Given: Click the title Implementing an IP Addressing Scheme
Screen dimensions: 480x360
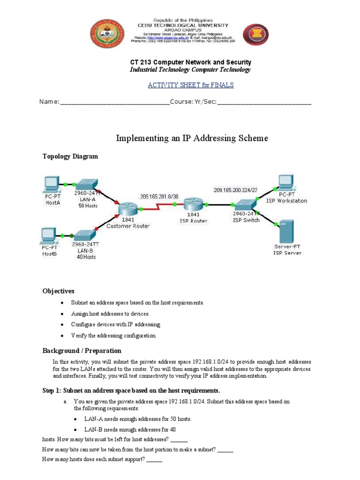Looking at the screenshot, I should point(192,138).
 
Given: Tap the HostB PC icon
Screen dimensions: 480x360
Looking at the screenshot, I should point(49,234).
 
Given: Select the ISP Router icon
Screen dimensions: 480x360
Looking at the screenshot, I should point(193,204).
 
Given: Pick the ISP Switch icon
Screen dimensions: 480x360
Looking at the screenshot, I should point(246,205).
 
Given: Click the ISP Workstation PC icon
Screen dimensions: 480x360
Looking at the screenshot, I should point(285,181).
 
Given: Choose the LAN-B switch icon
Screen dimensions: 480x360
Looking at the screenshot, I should point(85,234).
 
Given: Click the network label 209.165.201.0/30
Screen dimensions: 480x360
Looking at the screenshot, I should point(158,196).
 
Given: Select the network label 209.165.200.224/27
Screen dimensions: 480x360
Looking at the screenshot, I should point(235,190).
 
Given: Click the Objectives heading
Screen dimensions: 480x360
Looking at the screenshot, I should point(59,291).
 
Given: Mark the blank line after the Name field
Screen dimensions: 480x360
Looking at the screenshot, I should point(114,102).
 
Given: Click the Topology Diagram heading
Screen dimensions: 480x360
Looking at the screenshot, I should point(70,157).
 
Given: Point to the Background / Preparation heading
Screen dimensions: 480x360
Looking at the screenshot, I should point(82,351).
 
